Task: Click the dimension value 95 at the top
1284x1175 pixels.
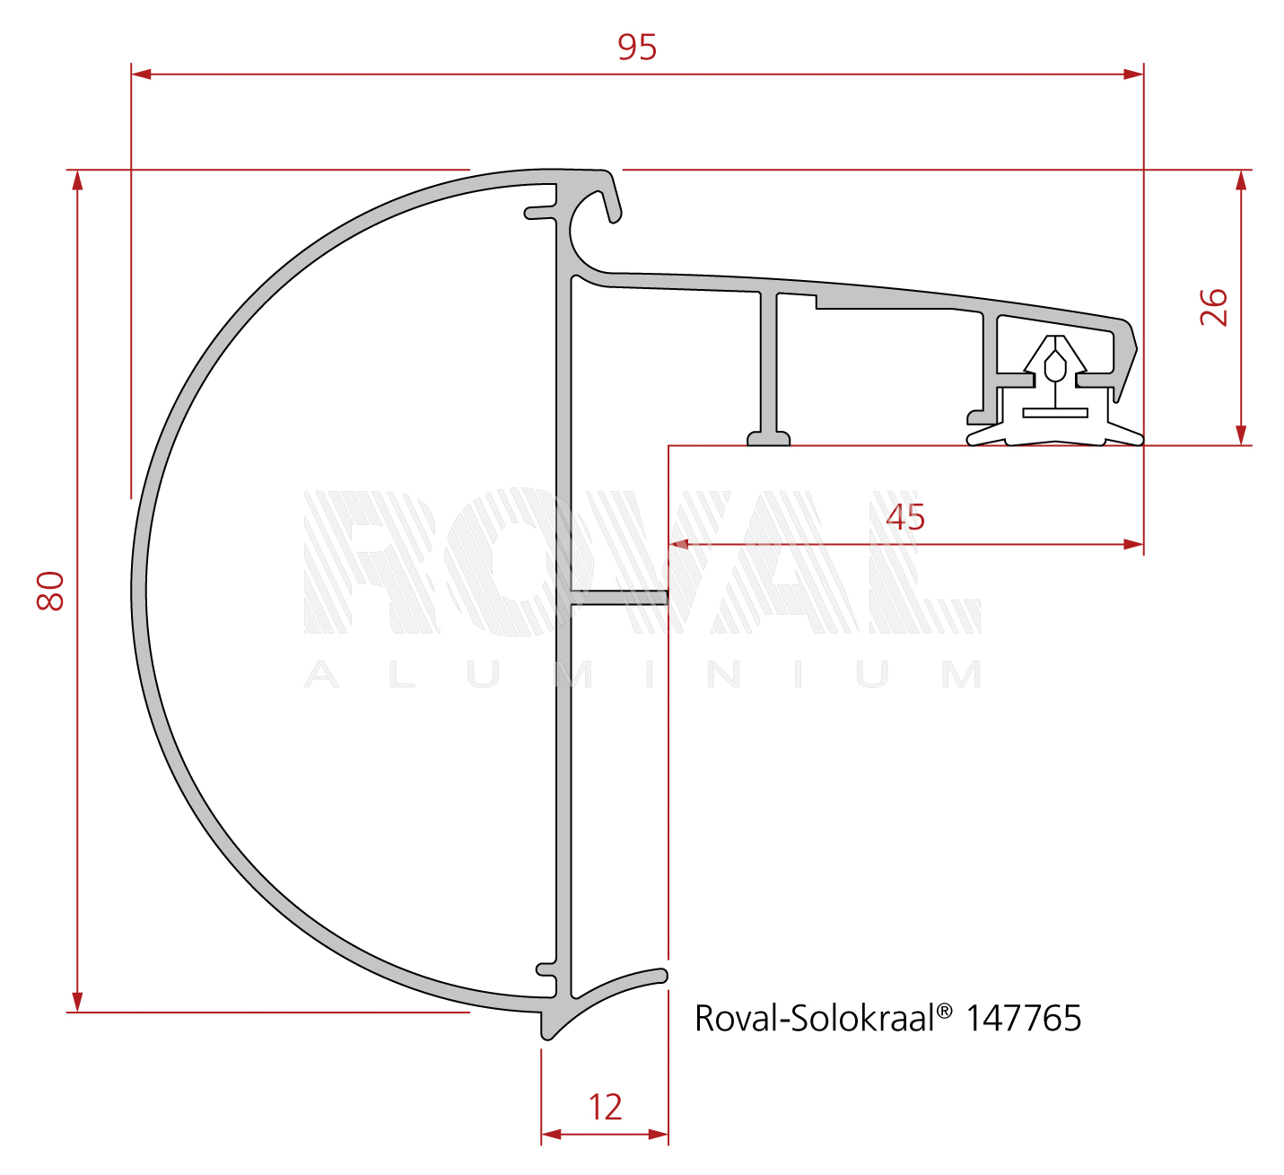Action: click(637, 48)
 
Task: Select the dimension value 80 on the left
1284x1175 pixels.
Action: click(50, 591)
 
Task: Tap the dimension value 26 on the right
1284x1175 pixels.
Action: click(1214, 307)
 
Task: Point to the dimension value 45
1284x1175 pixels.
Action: click(905, 517)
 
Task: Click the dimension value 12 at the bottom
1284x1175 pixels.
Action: click(605, 1107)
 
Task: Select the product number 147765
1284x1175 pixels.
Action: click(1023, 1018)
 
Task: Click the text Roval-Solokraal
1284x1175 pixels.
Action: click(815, 1018)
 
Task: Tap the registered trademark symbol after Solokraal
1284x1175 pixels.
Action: click(945, 1011)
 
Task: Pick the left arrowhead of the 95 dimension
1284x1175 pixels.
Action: click(141, 75)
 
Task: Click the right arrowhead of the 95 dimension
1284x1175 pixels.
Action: click(1133, 75)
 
